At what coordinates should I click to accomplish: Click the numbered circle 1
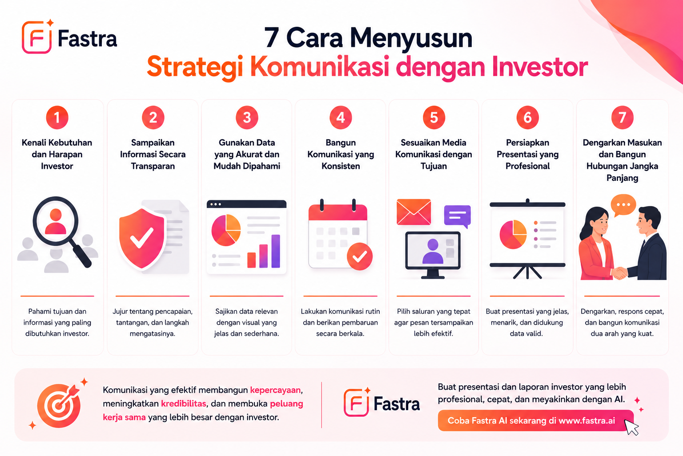[x=57, y=118]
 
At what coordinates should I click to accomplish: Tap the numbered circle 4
[x=341, y=118]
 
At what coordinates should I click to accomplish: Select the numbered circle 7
[x=623, y=118]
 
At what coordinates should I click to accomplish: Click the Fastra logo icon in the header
[x=37, y=37]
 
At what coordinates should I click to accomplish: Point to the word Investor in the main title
[x=540, y=67]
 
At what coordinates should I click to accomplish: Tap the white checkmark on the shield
[x=142, y=238]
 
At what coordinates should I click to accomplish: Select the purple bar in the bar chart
[x=276, y=251]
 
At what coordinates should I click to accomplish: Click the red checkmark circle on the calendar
[x=360, y=256]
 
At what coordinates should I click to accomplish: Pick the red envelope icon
[x=414, y=212]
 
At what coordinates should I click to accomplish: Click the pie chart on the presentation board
[x=513, y=234]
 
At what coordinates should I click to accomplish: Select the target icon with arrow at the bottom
[x=60, y=405]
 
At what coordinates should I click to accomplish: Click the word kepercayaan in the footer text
[x=275, y=390]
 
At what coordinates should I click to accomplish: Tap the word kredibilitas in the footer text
[x=184, y=403]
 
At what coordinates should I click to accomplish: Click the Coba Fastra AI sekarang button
[x=535, y=420]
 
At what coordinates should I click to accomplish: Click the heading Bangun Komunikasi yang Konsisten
[x=341, y=154]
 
